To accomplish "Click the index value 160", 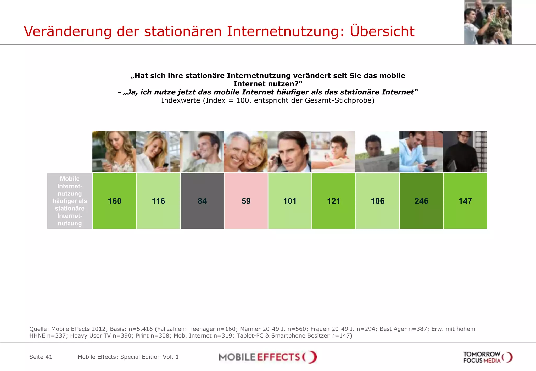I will tap(115, 201).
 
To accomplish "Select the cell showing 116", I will tap(158, 201).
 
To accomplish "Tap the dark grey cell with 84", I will tap(202, 201).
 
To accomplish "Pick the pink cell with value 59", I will tap(246, 201).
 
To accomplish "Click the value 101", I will tap(290, 201).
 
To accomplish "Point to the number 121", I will tap(334, 201).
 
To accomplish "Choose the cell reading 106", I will tap(377, 201).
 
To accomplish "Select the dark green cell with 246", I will tap(421, 201).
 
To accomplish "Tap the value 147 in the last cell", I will tap(465, 201).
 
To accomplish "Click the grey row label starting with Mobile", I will tap(70, 201).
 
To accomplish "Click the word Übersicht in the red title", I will tap(382, 31).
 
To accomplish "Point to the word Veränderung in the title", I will tap(68, 31).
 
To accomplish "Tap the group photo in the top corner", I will tap(488, 22).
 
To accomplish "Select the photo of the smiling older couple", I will tap(246, 152).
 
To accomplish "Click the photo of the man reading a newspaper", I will tap(377, 152).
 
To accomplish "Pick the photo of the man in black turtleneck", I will tap(465, 152).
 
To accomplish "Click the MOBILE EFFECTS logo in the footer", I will tap(267, 357).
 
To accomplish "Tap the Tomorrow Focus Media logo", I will tap(488, 357).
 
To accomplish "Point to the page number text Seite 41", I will tap(41, 357).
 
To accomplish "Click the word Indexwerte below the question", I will tap(180, 100).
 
